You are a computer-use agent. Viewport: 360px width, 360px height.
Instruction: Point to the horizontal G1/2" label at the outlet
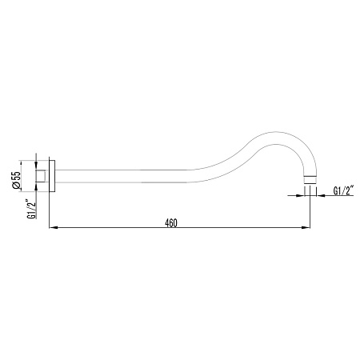pos(343,190)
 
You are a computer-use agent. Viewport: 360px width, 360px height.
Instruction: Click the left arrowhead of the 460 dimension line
pos(54,228)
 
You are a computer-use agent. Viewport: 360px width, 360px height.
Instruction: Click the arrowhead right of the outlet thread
pos(319,191)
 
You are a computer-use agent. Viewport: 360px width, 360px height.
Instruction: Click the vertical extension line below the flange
pos(50,212)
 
